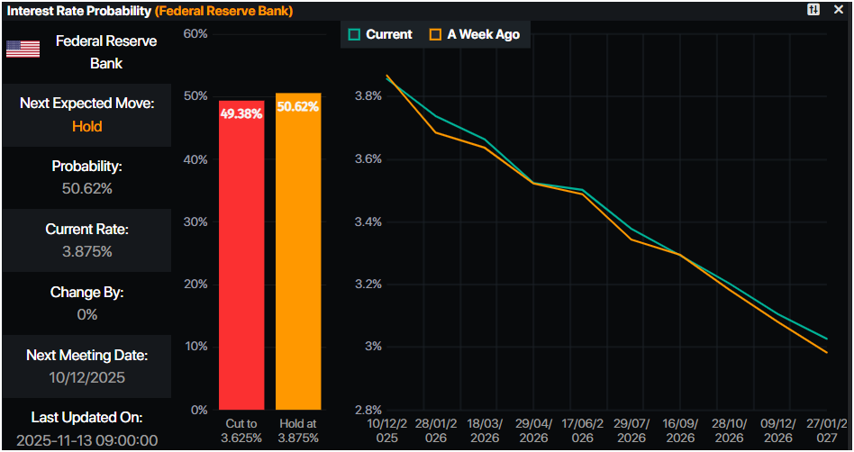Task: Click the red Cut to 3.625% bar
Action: tap(241, 261)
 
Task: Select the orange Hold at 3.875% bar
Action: tap(298, 261)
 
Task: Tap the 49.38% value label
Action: tap(241, 114)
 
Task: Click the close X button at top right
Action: tap(839, 9)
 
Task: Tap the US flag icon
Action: tap(23, 49)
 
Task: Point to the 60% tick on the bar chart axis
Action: tap(195, 34)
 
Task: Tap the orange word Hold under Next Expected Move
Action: tap(87, 126)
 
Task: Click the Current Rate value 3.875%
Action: tap(87, 251)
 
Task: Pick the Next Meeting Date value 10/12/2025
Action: tap(87, 377)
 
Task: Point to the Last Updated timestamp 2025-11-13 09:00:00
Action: tap(87, 439)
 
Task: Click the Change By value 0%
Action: tap(87, 314)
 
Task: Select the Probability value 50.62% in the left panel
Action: tap(87, 188)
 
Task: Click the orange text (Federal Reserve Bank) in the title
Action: tap(224, 11)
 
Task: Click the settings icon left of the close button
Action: tap(813, 9)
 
